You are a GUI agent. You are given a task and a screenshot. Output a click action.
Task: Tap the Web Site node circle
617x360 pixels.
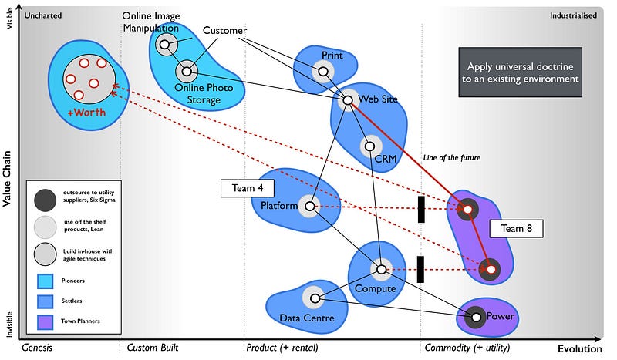[x=347, y=99]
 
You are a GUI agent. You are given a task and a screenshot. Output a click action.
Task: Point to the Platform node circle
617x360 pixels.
[x=309, y=207]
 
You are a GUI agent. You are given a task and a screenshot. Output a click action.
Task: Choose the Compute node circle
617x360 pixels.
[x=379, y=270]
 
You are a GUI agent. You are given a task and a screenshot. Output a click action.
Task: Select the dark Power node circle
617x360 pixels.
[x=475, y=316]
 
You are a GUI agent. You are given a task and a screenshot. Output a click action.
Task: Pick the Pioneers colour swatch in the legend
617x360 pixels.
[x=44, y=279]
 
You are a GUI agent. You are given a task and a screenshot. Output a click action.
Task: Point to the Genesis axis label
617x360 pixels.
[x=38, y=348]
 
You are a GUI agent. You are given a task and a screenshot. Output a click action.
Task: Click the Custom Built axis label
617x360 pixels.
[x=153, y=348]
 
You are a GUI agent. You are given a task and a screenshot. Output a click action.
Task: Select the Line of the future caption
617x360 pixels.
[x=452, y=158]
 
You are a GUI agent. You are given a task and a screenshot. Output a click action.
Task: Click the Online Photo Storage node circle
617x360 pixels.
[x=186, y=72]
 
